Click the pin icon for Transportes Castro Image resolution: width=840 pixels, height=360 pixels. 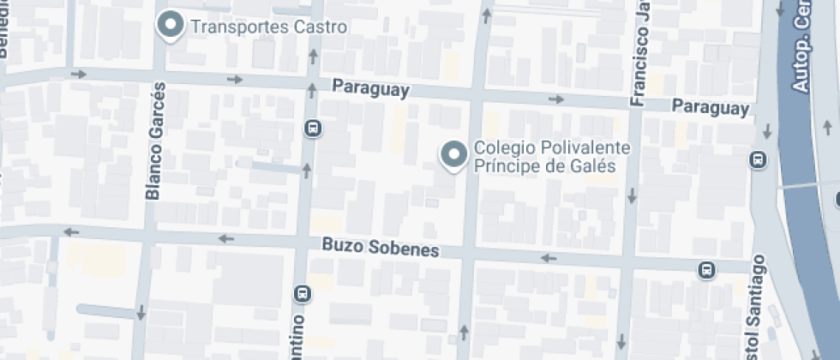click(171, 25)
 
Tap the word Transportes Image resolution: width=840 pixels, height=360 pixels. click(239, 27)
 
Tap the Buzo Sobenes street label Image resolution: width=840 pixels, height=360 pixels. click(381, 248)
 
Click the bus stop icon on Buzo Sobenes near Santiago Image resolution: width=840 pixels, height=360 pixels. click(706, 270)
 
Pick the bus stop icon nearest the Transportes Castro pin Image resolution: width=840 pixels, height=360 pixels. click(313, 129)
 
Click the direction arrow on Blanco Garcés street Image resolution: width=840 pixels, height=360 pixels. click(140, 312)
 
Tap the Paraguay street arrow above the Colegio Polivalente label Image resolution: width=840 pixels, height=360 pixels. click(555, 99)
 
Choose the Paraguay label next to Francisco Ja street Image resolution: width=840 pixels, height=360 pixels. click(711, 108)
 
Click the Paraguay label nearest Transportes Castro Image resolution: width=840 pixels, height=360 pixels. click(370, 88)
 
